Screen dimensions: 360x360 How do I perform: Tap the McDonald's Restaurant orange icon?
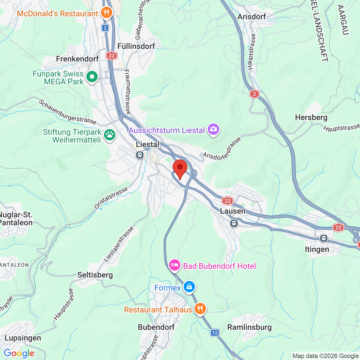pyautogui.click(x=106, y=13)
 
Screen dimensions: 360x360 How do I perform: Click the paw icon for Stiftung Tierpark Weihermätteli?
pyautogui.click(x=109, y=135)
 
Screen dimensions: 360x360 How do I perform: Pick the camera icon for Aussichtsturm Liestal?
pyautogui.click(x=213, y=129)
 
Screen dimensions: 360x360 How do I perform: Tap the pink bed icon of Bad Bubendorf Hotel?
pyautogui.click(x=174, y=265)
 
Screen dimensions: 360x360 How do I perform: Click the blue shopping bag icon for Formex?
pyautogui.click(x=189, y=287)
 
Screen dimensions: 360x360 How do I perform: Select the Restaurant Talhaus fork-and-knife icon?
pyautogui.click(x=200, y=309)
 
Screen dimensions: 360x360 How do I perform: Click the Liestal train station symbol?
pyautogui.click(x=140, y=155)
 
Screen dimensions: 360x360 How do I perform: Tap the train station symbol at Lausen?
pyautogui.click(x=234, y=223)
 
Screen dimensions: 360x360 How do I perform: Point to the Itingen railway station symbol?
pyautogui.click(x=324, y=238)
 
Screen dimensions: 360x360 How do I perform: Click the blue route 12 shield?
pyautogui.click(x=215, y=333)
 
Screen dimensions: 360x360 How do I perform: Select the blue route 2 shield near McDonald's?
pyautogui.click(x=105, y=28)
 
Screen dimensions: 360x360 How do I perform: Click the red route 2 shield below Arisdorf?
pyautogui.click(x=254, y=94)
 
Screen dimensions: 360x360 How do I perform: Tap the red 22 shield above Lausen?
pyautogui.click(x=227, y=201)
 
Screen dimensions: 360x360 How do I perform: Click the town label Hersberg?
pyautogui.click(x=311, y=117)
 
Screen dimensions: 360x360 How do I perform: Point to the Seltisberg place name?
pyautogui.click(x=95, y=275)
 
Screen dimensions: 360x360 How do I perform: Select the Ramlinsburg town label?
pyautogui.click(x=249, y=327)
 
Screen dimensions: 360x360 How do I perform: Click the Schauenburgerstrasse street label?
pyautogui.click(x=67, y=112)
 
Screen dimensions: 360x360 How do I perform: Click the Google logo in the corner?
pyautogui.click(x=19, y=353)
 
